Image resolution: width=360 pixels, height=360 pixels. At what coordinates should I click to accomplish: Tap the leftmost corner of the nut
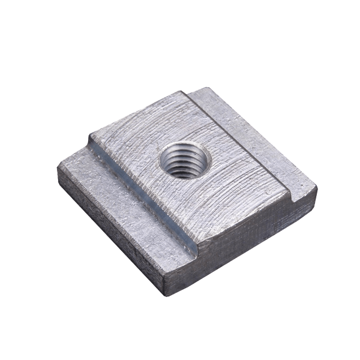tap(58, 169)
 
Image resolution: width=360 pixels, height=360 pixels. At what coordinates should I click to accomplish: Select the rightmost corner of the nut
tap(316, 187)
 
